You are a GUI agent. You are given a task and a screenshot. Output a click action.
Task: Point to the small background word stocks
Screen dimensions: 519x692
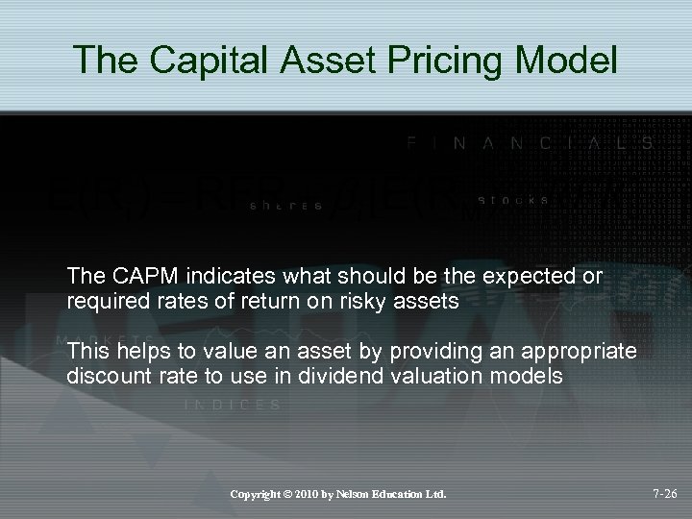tap(513, 201)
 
